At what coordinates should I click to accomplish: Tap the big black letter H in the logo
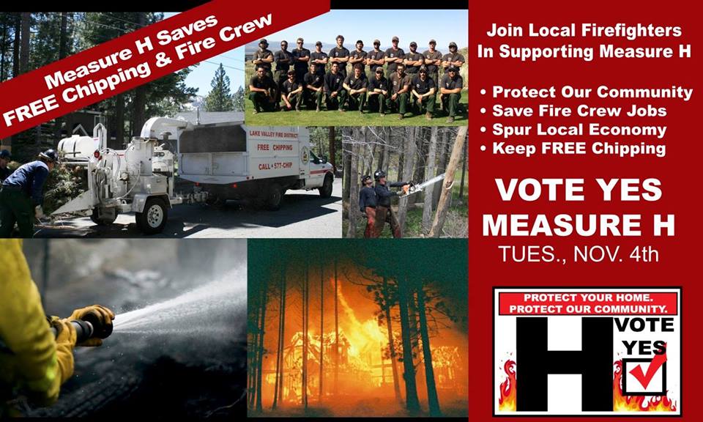coord(564,364)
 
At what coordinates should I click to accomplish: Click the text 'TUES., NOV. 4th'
coord(579,253)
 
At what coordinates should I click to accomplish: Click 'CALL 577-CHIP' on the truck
coord(275,166)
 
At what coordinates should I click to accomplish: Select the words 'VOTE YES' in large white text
coord(579,190)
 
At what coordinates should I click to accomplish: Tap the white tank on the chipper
coord(78,146)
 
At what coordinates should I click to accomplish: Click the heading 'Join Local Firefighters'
coord(584,31)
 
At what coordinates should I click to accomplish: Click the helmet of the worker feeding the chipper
coord(49,155)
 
